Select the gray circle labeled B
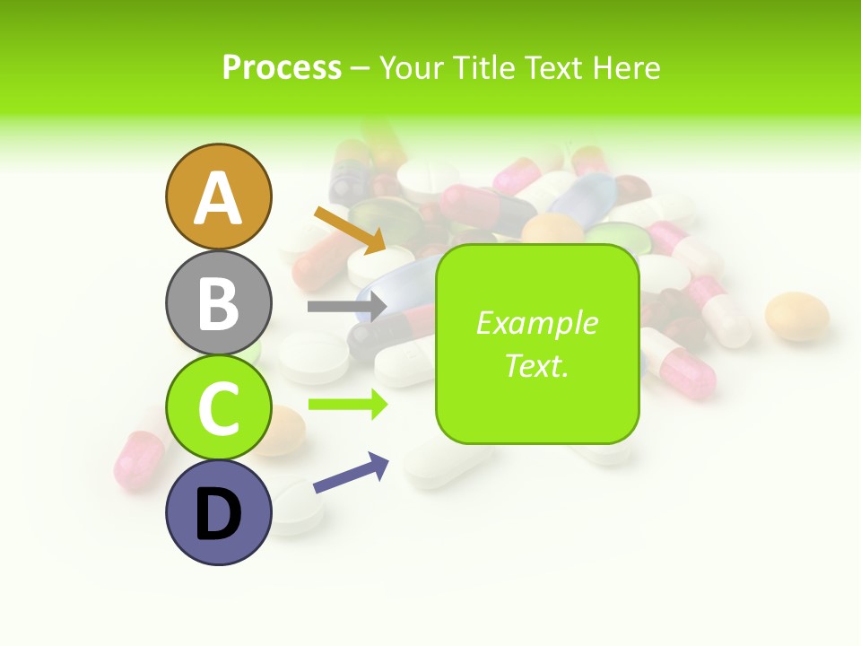click(x=218, y=303)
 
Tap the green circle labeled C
click(x=218, y=407)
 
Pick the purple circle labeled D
click(x=218, y=512)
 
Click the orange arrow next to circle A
click(x=350, y=230)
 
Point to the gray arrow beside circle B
click(x=346, y=306)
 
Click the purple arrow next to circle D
click(x=351, y=473)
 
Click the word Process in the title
click(x=282, y=67)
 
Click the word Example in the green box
click(x=537, y=323)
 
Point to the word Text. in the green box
click(x=537, y=365)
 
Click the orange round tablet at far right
click(x=796, y=317)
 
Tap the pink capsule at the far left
click(x=139, y=459)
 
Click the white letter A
click(x=218, y=198)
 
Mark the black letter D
click(x=218, y=516)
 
